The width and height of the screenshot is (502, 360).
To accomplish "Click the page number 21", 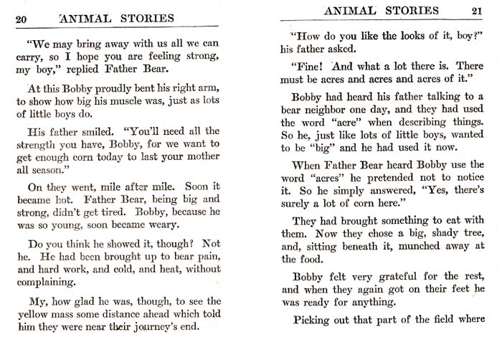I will pyautogui.click(x=477, y=11).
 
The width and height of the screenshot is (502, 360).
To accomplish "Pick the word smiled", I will pyautogui.click(x=100, y=133).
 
